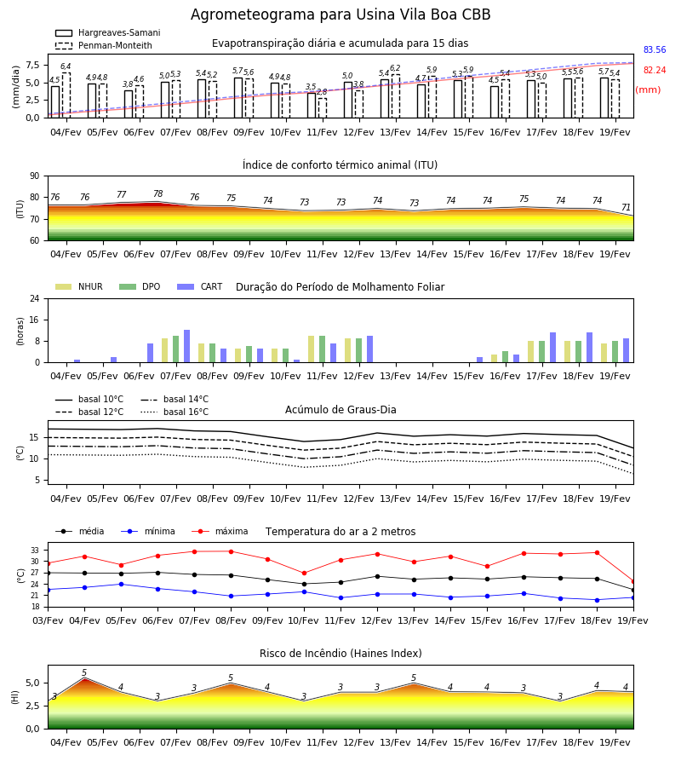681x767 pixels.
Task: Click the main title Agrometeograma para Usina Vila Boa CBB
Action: (340, 14)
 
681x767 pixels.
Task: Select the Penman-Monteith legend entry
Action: (104, 45)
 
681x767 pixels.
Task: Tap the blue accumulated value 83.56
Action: (655, 50)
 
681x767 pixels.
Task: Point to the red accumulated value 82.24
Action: (655, 71)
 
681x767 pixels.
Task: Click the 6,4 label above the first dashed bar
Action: (66, 66)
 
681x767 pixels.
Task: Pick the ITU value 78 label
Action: (157, 193)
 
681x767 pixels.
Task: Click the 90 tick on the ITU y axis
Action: (35, 176)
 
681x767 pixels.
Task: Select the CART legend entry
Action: (200, 286)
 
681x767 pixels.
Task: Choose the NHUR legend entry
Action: (79, 286)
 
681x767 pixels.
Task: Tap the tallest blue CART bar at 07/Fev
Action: (186, 346)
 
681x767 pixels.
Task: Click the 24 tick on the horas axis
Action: (35, 298)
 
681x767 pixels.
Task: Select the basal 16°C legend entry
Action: (175, 412)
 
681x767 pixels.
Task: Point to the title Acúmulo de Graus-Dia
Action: (340, 410)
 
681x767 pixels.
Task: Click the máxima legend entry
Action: (220, 531)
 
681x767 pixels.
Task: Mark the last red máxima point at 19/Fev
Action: (633, 581)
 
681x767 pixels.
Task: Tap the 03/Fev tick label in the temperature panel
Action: (48, 620)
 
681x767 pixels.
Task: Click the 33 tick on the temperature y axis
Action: (35, 551)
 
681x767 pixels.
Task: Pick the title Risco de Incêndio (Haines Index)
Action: (340, 654)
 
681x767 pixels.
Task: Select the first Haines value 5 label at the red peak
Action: (84, 672)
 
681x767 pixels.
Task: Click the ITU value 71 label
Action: (626, 207)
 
